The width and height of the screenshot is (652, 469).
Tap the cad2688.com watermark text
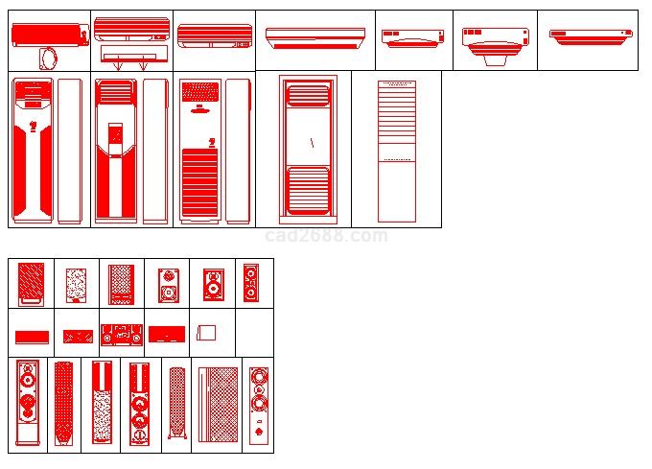coord(326,236)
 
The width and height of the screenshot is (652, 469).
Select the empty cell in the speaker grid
coord(254,333)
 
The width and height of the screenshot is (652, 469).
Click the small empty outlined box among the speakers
coord(206,333)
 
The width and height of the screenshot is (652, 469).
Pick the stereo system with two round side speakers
coord(122,335)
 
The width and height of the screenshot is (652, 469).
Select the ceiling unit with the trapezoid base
coord(496,46)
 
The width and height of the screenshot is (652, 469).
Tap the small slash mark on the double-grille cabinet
coord(312,143)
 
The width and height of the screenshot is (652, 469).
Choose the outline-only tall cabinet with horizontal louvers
coord(397,152)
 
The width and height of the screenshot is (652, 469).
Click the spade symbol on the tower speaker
coord(258,432)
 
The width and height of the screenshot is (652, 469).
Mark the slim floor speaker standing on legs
coord(177,404)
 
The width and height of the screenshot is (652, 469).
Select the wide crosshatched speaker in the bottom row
coord(219,404)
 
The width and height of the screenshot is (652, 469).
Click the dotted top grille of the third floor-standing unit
coord(200,92)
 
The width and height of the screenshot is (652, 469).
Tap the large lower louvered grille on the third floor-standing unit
coord(200,182)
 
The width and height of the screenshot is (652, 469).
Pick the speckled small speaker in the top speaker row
coord(77,285)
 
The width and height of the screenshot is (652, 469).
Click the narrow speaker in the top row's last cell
coord(251,283)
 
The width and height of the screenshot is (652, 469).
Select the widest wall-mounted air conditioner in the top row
coord(315,38)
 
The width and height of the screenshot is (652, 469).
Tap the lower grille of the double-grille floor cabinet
coord(308,191)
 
